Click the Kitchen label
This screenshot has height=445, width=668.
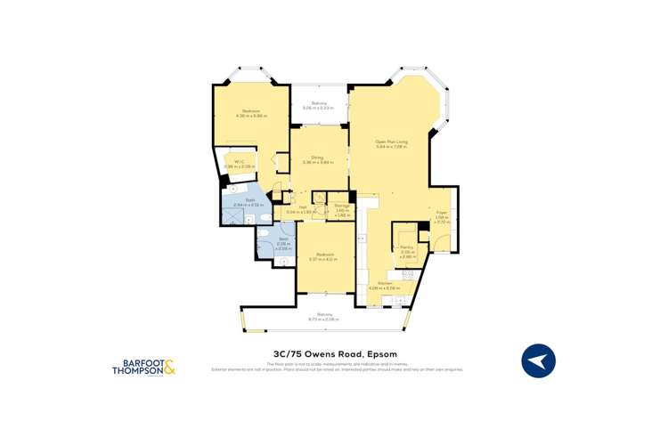pos(384,284)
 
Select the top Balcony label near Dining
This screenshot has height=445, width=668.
pos(318,103)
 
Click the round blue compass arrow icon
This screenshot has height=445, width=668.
pos(538,360)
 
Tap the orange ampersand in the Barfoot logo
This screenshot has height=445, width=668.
pos(168,366)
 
